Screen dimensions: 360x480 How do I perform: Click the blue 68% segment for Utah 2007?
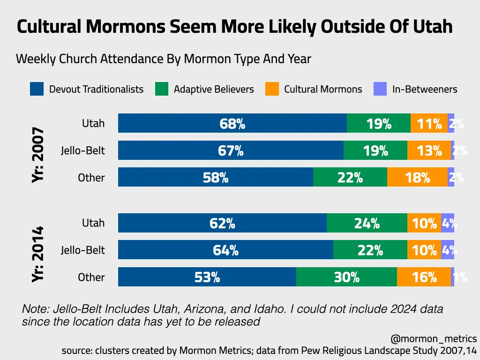[232, 123]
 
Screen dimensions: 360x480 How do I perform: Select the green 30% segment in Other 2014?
[346, 277]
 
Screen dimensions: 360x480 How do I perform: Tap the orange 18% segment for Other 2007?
[417, 177]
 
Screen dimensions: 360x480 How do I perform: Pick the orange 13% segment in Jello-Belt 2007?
[429, 150]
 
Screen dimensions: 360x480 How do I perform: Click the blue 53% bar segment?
[207, 277]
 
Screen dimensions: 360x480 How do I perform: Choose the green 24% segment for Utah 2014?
[367, 223]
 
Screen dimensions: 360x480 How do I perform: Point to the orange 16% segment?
[424, 277]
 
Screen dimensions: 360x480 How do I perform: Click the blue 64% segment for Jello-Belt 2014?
[225, 250]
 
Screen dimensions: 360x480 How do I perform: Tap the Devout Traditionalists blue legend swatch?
[37, 89]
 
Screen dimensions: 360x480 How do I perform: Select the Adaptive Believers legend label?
[214, 89]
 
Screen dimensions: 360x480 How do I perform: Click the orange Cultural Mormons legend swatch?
[272, 89]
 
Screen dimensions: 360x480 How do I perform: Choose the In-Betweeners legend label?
[425, 89]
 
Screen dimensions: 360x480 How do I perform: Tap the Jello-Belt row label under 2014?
[83, 250]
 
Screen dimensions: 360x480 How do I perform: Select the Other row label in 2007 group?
[91, 177]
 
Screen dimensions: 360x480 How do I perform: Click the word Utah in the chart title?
[433, 27]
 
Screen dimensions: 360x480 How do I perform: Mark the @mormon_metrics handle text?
[433, 338]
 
